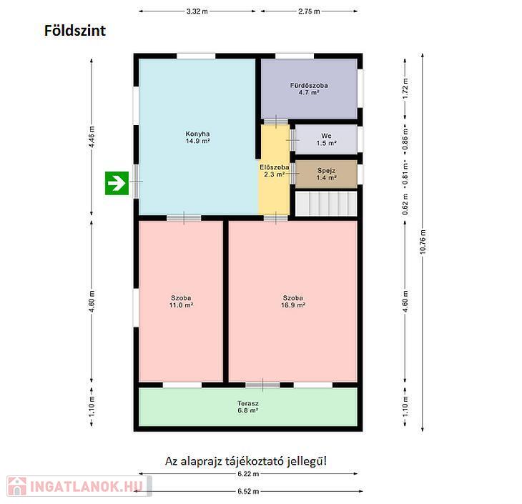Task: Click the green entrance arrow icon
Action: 117,183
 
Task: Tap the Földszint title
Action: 75,31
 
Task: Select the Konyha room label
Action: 198,137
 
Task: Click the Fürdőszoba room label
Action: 309,89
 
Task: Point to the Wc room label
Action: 326,139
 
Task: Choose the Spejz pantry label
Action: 326,174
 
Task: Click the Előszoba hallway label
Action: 275,171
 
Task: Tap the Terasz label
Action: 248,407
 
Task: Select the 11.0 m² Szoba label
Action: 181,301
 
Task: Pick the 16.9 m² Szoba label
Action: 293,301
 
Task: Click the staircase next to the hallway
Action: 326,204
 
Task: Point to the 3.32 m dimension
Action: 197,11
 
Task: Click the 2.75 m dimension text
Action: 309,11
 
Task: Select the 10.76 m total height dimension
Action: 423,242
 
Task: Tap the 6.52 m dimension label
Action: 248,491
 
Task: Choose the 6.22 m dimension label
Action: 248,474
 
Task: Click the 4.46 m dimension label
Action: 92,137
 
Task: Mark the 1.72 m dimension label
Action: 405,89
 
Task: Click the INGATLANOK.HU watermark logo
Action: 79,486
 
